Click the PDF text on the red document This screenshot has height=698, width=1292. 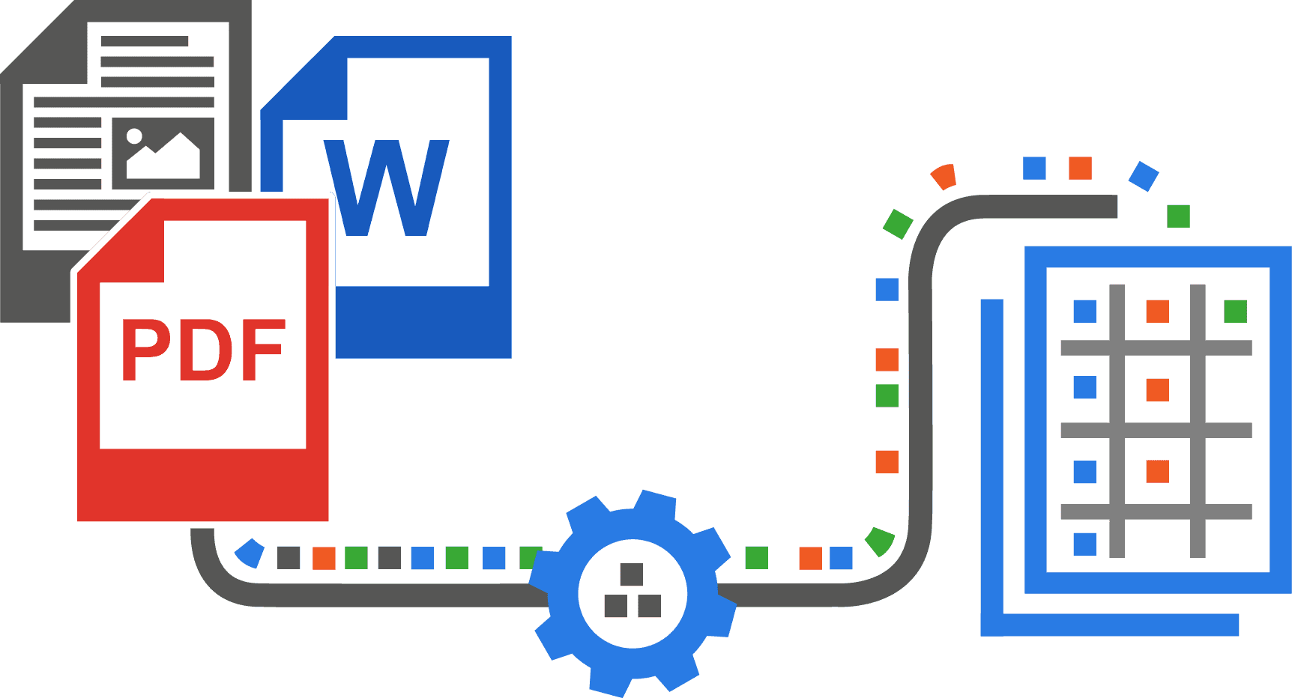203,350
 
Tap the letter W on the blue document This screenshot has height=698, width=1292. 386,188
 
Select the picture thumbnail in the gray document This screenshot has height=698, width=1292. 163,153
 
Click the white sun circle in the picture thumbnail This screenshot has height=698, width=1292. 134,136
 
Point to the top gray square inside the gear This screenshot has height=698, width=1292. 632,574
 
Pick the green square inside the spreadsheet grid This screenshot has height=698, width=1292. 1235,311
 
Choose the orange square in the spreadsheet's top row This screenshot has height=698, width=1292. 1158,311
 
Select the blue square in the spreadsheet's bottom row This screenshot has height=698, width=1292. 1085,544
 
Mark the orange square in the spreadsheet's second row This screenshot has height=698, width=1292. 1158,390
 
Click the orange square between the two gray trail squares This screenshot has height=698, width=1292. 324,558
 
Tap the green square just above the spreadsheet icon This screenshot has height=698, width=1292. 1179,216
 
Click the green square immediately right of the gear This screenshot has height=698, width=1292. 757,558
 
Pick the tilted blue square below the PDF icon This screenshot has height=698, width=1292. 250,553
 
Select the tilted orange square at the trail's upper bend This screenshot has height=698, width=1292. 944,177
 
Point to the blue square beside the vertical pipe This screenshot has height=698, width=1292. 887,289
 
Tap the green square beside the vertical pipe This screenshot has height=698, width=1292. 887,395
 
